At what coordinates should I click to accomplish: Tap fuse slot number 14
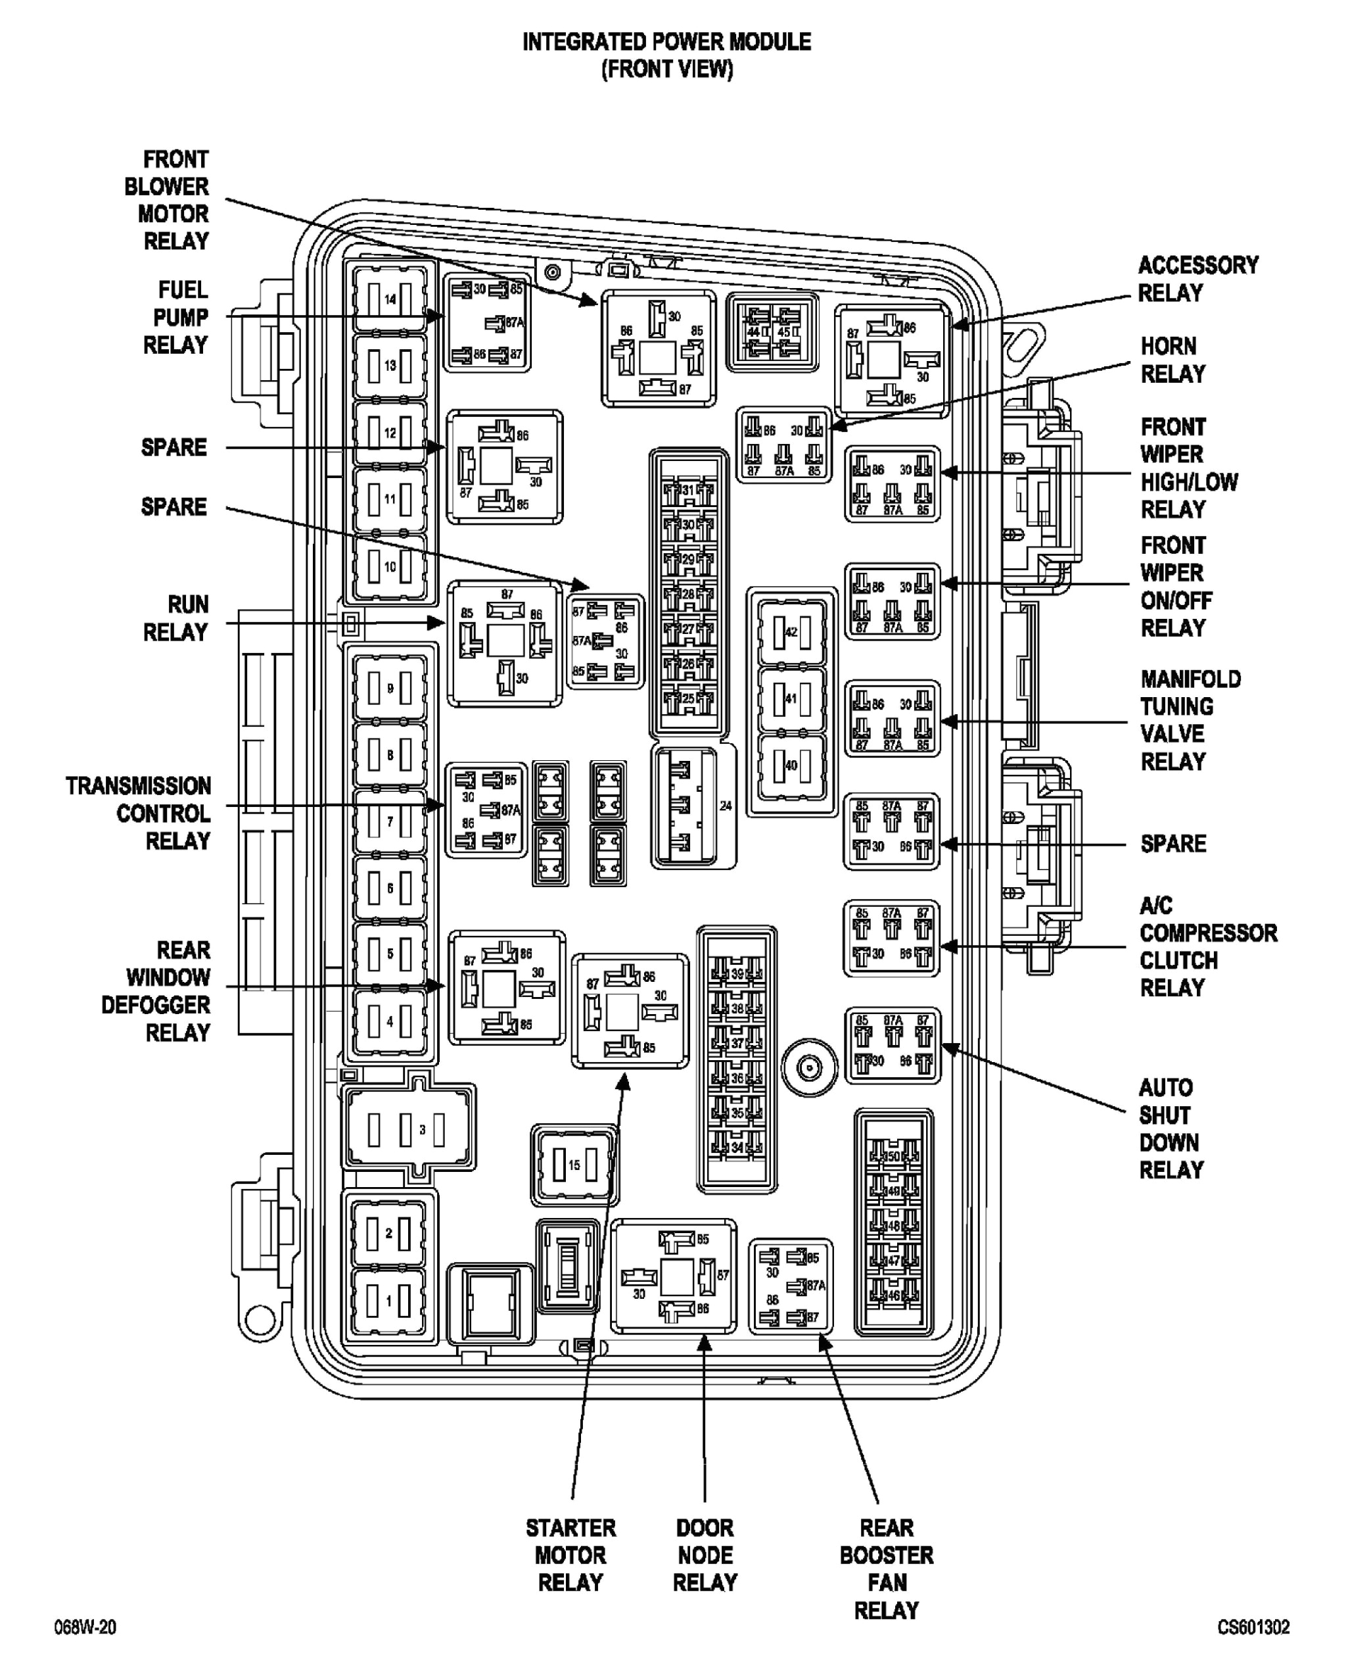click(x=390, y=299)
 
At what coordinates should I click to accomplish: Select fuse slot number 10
click(x=390, y=566)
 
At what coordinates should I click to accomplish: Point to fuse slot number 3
click(x=408, y=1130)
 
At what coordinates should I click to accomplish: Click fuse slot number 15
click(x=574, y=1165)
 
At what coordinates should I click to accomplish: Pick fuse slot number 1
click(x=389, y=1301)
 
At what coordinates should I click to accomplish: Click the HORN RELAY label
click(x=1173, y=360)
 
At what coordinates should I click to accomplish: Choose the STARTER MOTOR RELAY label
click(x=570, y=1555)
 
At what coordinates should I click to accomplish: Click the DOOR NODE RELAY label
click(x=705, y=1555)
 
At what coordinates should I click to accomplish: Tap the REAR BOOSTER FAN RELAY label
click(x=886, y=1569)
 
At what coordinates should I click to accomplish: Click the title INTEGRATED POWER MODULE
click(x=666, y=42)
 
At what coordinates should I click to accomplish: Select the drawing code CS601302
click(x=1253, y=1627)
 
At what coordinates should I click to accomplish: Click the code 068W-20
click(x=85, y=1627)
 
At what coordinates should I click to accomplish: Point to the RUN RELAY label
click(x=177, y=618)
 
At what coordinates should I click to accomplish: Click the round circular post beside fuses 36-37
click(x=809, y=1068)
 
